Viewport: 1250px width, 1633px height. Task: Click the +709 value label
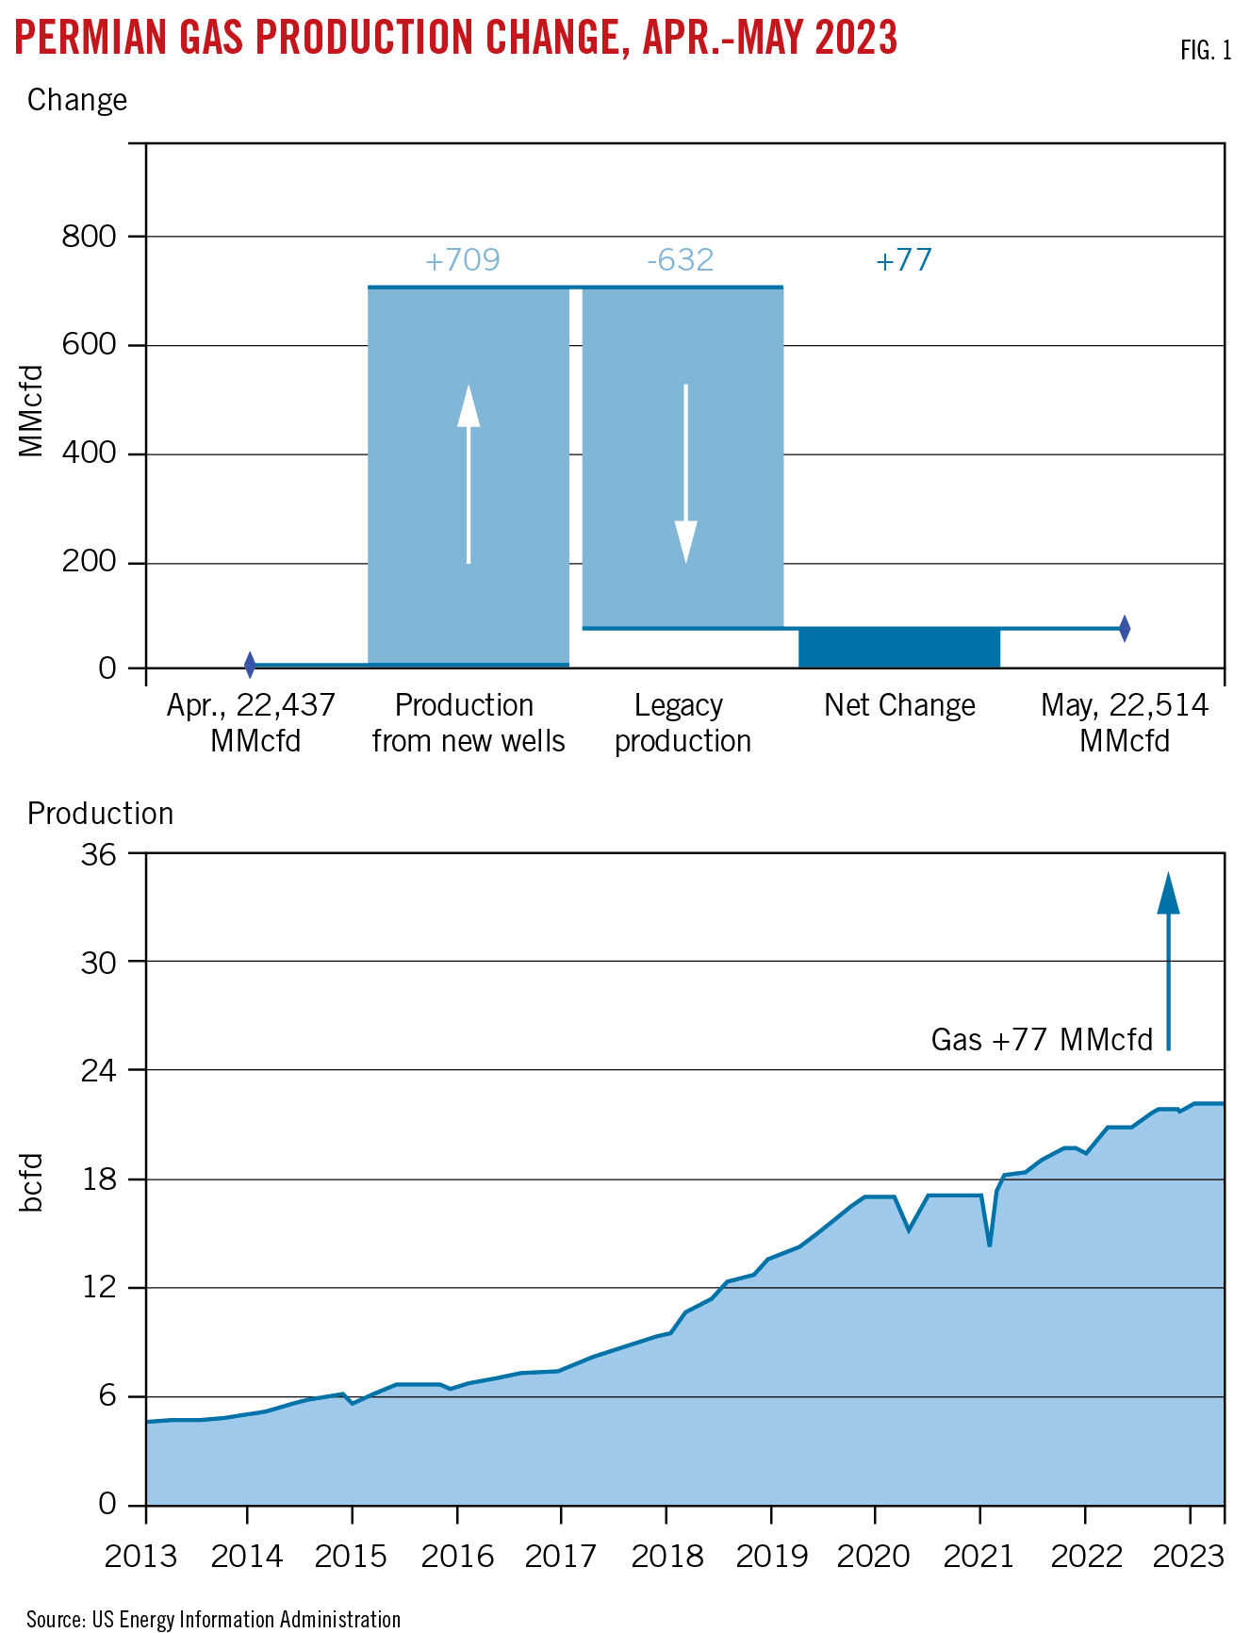(462, 260)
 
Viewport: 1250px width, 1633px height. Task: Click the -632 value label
(680, 260)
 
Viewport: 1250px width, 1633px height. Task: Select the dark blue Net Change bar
(898, 648)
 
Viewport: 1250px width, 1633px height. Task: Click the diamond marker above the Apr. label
(250, 665)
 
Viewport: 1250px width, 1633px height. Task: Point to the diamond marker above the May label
(1125, 628)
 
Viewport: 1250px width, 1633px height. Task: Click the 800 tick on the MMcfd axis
(89, 237)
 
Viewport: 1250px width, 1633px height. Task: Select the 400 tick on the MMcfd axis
(89, 454)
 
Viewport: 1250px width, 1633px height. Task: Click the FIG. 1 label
(1206, 51)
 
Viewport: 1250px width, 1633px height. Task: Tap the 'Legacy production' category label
(682, 723)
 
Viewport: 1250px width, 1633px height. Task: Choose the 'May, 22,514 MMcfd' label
(1124, 723)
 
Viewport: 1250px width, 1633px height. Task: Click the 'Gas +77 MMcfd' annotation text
(1042, 1040)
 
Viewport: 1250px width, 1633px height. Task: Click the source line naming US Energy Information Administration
(213, 1619)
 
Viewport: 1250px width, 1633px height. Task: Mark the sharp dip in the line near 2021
(989, 1244)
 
